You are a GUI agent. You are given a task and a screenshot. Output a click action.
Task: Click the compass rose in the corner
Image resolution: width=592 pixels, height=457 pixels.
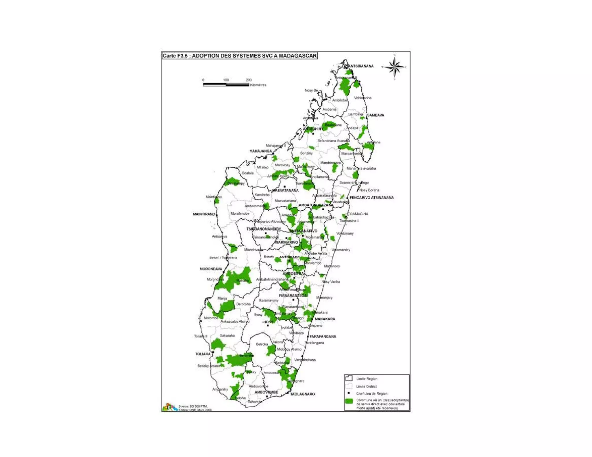pos(395,67)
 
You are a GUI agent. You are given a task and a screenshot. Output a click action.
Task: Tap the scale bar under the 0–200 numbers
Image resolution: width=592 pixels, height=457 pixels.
pos(226,85)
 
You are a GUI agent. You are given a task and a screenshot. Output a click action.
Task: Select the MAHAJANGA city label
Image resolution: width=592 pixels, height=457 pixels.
pos(260,151)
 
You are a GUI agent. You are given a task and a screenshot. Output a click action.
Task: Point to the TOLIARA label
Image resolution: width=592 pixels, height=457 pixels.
pos(203,354)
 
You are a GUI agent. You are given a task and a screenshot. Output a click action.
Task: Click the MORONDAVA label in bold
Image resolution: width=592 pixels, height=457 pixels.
pos(211,269)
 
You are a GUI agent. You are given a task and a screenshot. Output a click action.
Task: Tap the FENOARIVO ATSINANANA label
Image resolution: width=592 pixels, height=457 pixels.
pos(371,198)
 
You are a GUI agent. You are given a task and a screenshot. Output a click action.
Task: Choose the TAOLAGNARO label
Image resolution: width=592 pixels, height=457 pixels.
pos(302,394)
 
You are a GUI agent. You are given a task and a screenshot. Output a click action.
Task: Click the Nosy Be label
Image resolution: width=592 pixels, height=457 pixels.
pos(311,90)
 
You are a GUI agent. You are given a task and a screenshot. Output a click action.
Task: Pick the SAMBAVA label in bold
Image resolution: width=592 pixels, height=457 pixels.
pos(375,115)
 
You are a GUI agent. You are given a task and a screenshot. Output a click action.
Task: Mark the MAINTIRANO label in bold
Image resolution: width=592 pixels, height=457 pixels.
pos(204,214)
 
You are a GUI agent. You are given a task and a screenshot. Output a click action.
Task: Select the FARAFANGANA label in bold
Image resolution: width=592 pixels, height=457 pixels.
pos(323,337)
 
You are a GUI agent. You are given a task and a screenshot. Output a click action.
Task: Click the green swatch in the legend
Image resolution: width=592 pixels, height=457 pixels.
pos(349,401)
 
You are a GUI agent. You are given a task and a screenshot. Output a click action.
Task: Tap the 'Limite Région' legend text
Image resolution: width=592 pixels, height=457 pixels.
pos(367,379)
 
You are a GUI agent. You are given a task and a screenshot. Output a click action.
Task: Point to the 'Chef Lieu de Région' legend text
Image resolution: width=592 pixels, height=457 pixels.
pos(372,393)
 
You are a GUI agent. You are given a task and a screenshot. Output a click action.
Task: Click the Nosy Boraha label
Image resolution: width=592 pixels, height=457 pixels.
pos(369,190)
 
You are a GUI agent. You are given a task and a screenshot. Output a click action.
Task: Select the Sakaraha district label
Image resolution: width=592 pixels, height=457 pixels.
pos(227,335)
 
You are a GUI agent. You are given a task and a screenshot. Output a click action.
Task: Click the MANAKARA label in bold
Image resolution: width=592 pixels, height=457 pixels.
pos(325,319)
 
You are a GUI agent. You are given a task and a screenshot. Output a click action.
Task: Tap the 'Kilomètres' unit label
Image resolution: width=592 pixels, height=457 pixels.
pos(258,85)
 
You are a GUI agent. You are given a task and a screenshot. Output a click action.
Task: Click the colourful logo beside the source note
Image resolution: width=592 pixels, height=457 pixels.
pos(169,407)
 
